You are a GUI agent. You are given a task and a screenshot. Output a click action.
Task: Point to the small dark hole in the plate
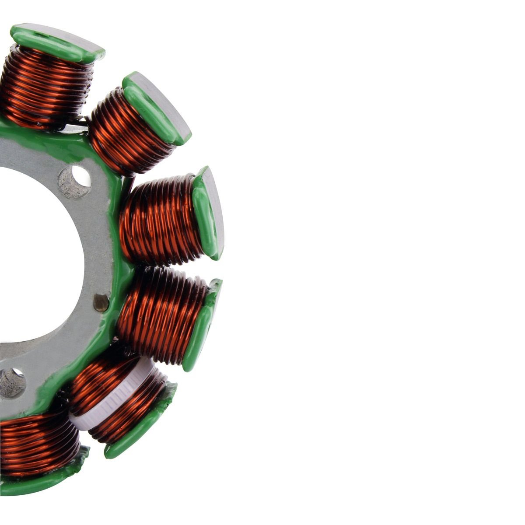coord(101,302)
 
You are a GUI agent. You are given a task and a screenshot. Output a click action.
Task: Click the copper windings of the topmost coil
coord(44,87)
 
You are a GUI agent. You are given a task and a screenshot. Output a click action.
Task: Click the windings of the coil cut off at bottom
coord(35,442)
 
